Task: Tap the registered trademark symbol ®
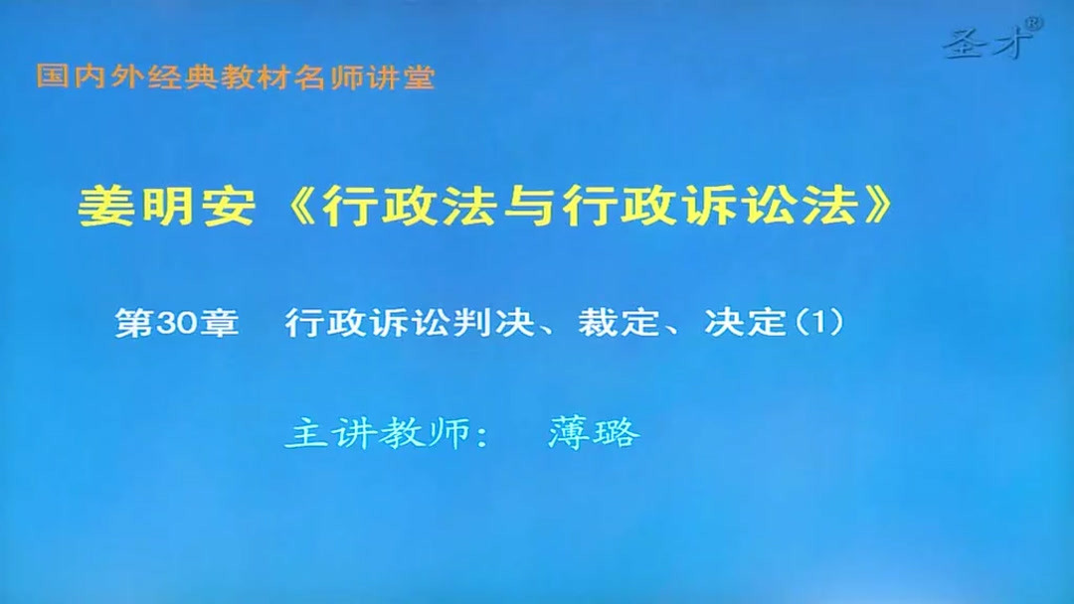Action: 1034,21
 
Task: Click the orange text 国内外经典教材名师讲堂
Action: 236,77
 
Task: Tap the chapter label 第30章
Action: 177,323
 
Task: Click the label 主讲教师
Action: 378,433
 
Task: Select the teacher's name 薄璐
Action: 593,433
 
